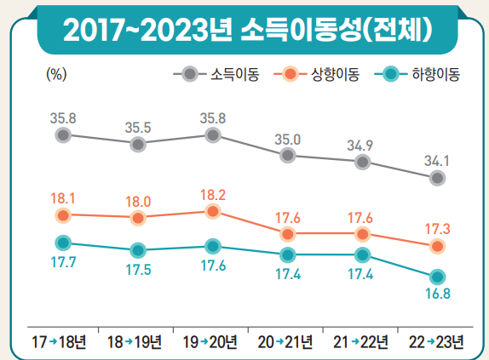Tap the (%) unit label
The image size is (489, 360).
tap(56, 74)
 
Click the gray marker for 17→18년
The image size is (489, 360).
tap(62, 134)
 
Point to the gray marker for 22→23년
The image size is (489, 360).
tap(437, 178)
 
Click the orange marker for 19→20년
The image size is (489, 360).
tap(212, 211)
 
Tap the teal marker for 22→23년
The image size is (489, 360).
tap(437, 277)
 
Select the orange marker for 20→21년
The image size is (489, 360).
tap(288, 233)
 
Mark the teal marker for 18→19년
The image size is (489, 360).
tap(137, 250)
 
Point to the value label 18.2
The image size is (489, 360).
tap(212, 193)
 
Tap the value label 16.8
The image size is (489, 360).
tap(437, 294)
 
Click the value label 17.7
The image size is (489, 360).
tap(62, 262)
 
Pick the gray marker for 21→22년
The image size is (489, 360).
tap(363, 162)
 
